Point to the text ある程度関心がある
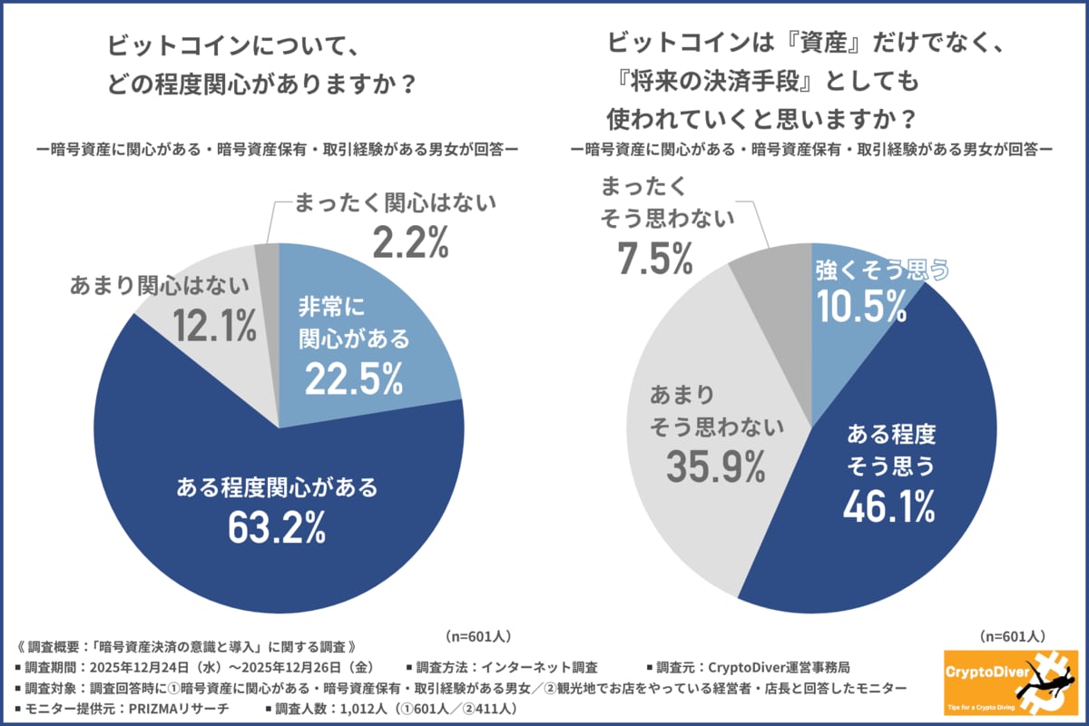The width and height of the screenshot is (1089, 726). (277, 487)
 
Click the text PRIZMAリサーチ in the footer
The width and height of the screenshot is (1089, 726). (181, 710)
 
